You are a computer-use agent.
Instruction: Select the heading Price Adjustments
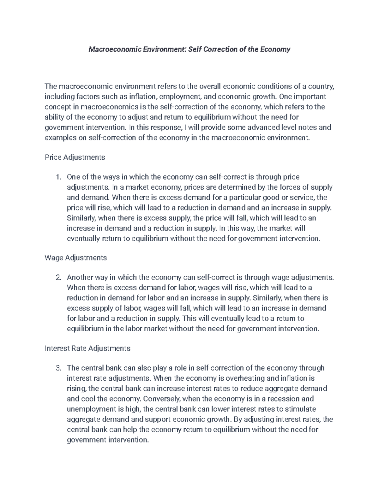[x=75, y=157]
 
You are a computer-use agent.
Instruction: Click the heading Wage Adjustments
[x=76, y=258]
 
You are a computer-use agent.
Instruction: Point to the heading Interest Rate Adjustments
[x=87, y=348]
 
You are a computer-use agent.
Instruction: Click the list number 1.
[x=57, y=177]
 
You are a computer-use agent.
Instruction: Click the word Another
[x=79, y=278]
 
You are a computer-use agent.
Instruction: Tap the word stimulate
[x=301, y=409]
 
